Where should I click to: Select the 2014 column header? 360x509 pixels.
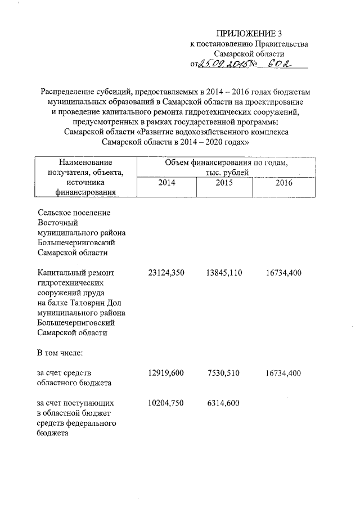tap(166, 183)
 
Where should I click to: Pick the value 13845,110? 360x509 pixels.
tap(224, 273)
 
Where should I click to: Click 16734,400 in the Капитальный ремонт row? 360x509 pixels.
tap(284, 273)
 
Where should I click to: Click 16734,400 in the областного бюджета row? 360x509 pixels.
tap(284, 373)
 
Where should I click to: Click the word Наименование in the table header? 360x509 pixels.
tap(82, 163)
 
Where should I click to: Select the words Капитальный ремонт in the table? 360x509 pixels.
tap(75, 273)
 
